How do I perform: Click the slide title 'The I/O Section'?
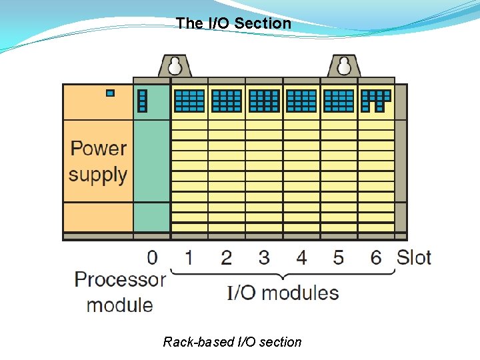tap(233, 23)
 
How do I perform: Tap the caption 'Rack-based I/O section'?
tap(232, 342)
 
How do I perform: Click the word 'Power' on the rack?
tap(99, 149)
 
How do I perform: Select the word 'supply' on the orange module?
tap(98, 175)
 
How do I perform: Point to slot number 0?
tap(153, 257)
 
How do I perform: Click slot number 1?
tap(189, 257)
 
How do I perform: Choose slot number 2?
tap(227, 257)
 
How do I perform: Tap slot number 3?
tap(264, 257)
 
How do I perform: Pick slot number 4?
tap(301, 257)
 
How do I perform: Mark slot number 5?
tap(339, 257)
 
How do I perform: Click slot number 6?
tap(376, 257)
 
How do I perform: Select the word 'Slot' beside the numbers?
tap(414, 257)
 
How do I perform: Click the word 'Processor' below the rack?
tap(120, 279)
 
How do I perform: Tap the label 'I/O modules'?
tap(283, 293)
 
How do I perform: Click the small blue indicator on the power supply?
tap(110, 93)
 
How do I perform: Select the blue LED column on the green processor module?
tap(142, 101)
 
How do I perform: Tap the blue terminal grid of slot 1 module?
tap(189, 101)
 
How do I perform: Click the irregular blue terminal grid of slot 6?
tap(375, 99)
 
